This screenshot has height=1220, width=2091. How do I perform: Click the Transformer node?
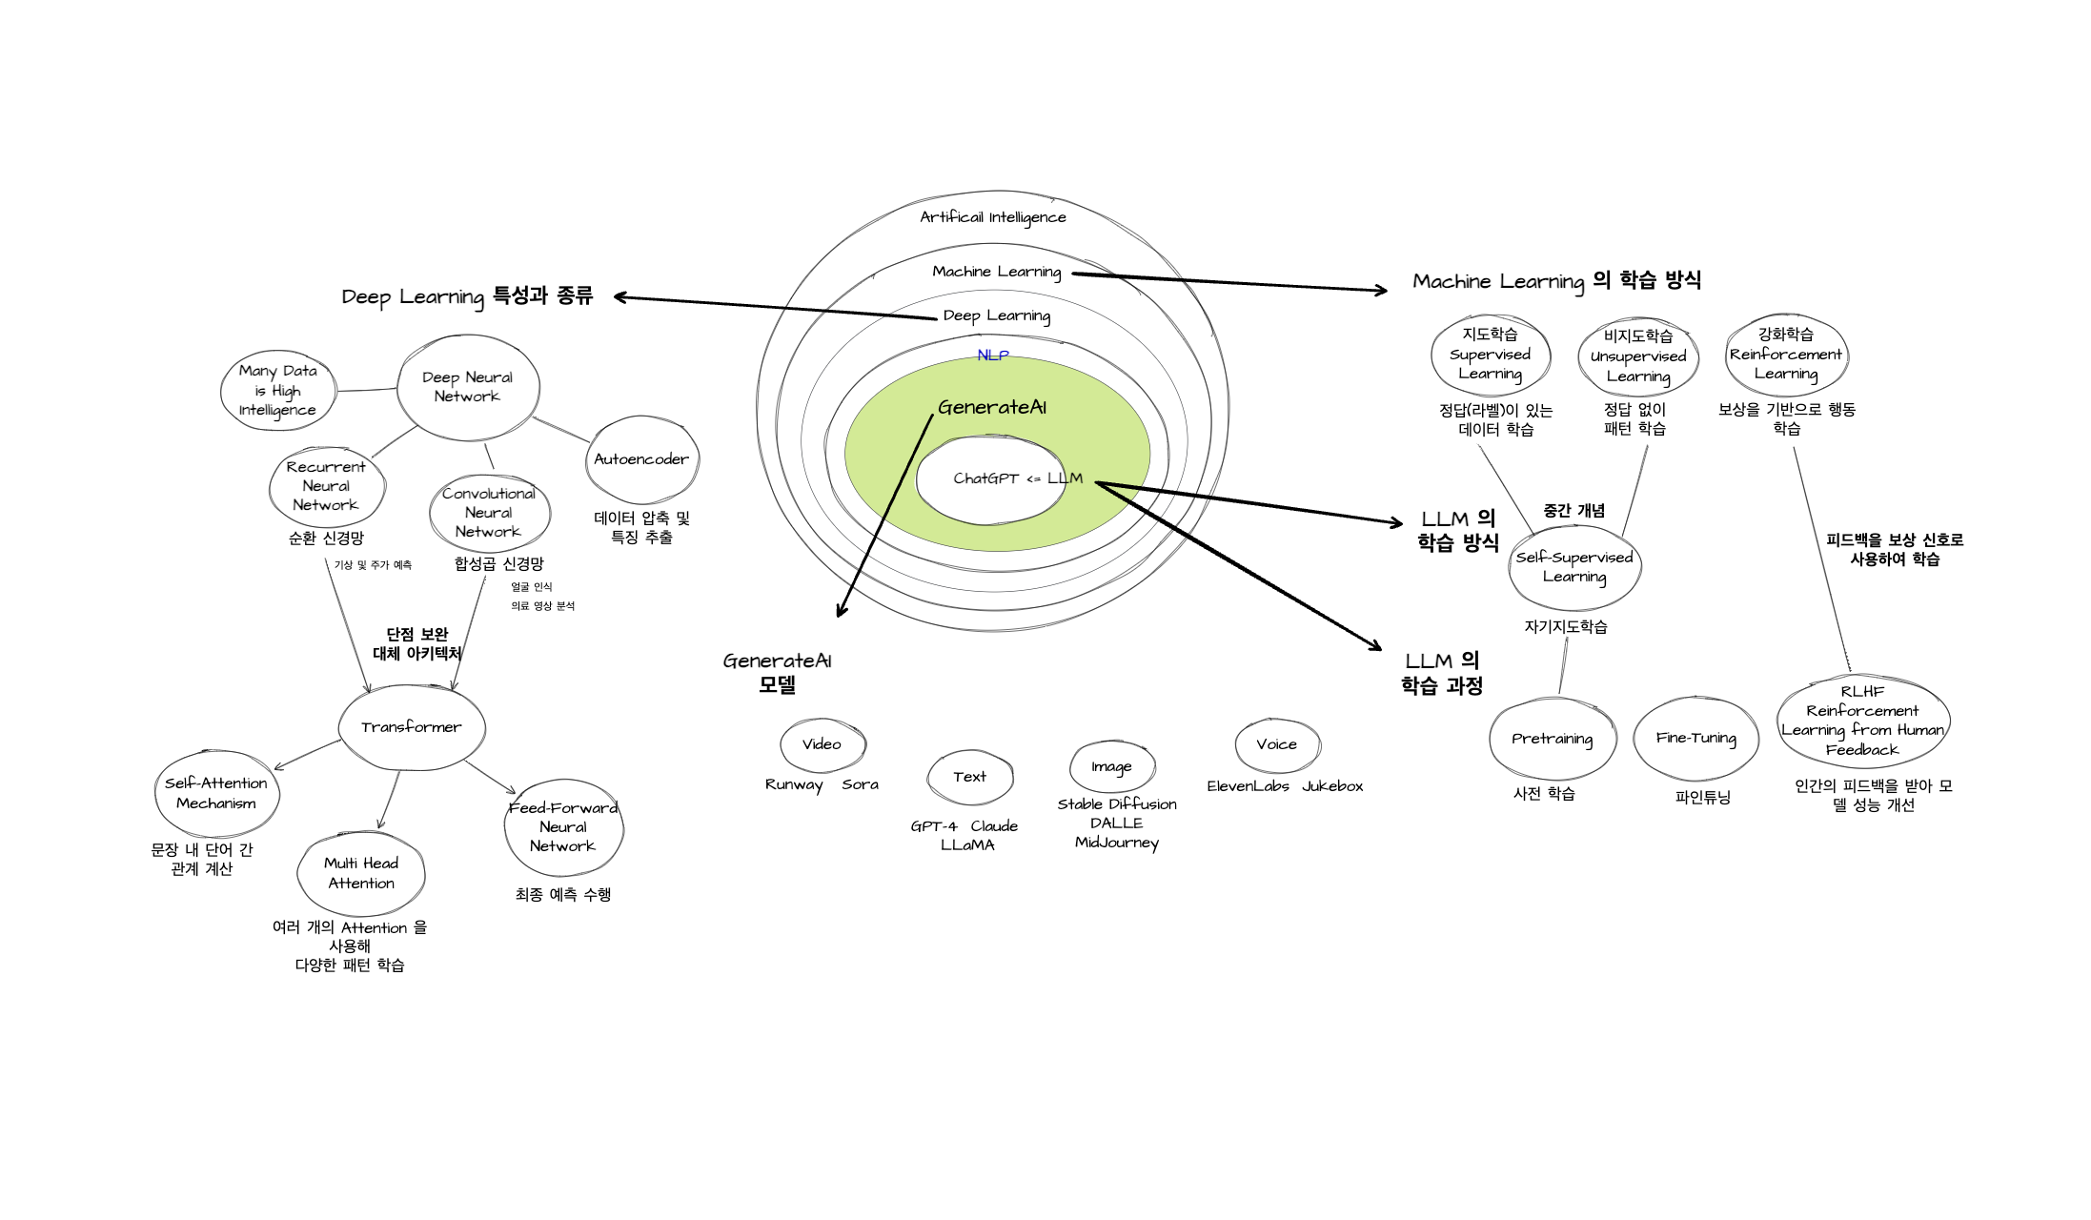(412, 727)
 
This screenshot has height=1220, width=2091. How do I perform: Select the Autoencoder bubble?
(641, 459)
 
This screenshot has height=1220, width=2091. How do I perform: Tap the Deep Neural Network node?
(467, 387)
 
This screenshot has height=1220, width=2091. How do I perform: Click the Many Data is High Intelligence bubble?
(277, 391)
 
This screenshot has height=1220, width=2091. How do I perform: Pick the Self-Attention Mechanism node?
(216, 793)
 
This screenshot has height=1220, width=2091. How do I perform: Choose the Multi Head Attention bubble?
(361, 873)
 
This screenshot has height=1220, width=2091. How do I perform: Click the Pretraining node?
(1552, 739)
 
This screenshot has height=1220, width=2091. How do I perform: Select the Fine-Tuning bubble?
(1695, 738)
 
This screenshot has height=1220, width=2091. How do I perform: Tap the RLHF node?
(1862, 721)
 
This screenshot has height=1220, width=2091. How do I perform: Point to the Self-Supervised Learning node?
(1574, 567)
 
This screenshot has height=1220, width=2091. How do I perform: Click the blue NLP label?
(993, 356)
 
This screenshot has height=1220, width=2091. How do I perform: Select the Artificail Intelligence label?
(993, 217)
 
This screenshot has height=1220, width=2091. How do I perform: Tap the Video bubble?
(822, 744)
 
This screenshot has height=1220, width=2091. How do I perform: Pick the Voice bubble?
(1276, 744)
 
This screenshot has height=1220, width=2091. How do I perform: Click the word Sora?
(860, 784)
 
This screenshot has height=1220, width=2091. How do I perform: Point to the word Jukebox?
(1332, 786)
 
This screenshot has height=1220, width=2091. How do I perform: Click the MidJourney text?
(1117, 843)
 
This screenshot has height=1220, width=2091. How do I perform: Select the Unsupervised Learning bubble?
(1638, 356)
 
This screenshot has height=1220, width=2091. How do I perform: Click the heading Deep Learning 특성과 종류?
(467, 296)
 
